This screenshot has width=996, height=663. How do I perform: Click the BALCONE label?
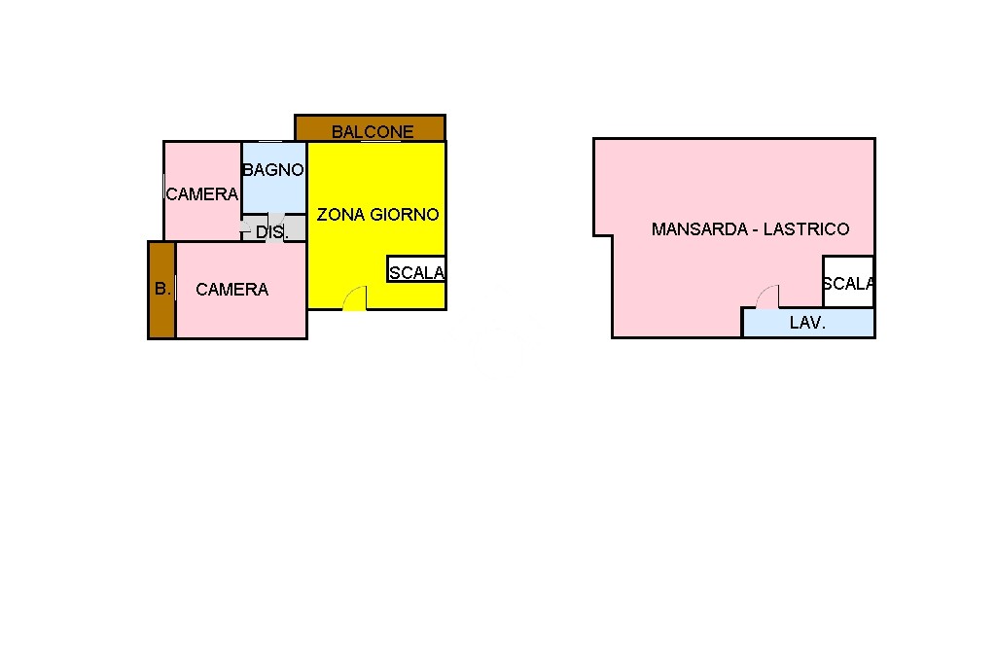(373, 131)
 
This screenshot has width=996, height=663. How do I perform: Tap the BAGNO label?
(273, 169)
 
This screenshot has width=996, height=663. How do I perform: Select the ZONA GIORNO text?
(378, 215)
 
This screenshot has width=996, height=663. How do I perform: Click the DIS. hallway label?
(272, 232)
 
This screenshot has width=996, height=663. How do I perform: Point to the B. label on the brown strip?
(162, 289)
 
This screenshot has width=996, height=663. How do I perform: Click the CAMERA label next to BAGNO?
(202, 193)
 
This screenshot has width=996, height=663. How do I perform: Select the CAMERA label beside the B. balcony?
(231, 290)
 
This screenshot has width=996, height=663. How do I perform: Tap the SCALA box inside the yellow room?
(416, 269)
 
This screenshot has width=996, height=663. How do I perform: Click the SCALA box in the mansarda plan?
(848, 282)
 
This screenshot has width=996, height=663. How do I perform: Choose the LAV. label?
(807, 323)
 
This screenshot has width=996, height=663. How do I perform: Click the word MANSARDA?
(699, 229)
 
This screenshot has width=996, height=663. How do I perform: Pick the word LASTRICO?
(806, 229)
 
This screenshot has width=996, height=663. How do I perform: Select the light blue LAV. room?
(808, 323)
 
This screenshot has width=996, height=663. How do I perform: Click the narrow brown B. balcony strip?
(162, 290)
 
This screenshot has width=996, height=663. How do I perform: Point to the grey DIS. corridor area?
(273, 228)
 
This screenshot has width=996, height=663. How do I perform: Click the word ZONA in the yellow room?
(340, 215)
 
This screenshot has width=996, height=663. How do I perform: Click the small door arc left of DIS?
(245, 227)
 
